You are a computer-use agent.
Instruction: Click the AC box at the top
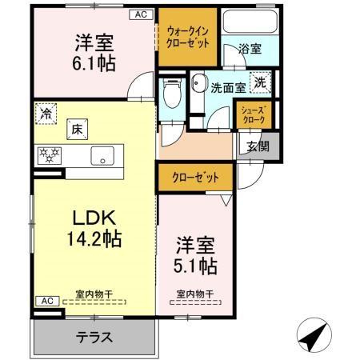(141, 14)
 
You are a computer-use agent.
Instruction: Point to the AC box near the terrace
(46, 300)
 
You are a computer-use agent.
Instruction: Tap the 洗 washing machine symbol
(262, 82)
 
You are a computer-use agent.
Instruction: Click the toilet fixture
(170, 94)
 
